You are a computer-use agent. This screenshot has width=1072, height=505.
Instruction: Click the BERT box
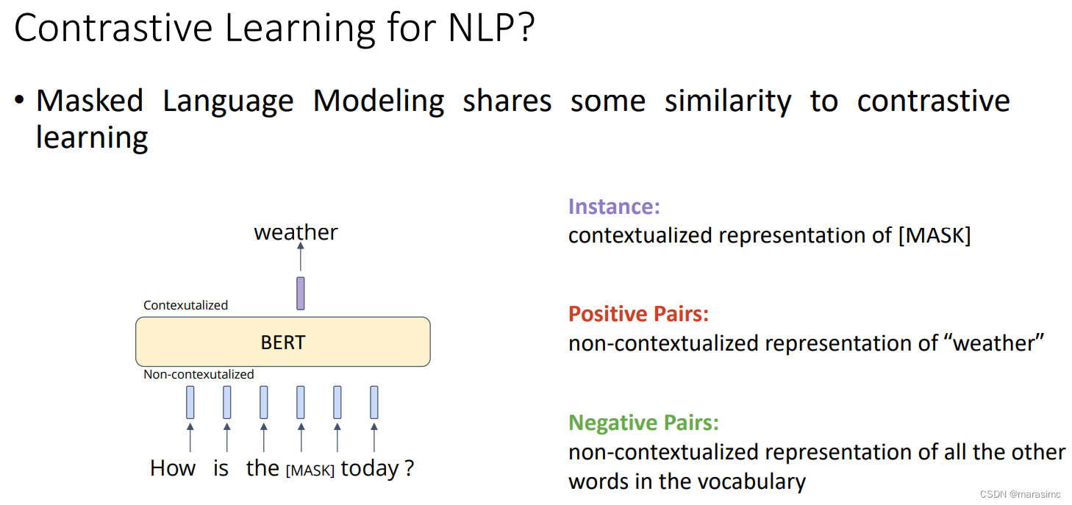[283, 342]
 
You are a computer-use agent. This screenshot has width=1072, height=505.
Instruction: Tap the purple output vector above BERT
[301, 293]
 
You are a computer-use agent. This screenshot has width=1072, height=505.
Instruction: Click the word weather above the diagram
[296, 232]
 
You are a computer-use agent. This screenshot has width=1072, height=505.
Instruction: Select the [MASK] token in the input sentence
[310, 470]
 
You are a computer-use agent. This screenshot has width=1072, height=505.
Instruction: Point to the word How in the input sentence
[173, 468]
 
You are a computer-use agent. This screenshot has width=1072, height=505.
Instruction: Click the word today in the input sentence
[369, 469]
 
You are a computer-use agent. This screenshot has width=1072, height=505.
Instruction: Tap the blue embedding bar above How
[190, 403]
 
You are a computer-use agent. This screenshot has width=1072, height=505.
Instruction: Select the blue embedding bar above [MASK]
[301, 403]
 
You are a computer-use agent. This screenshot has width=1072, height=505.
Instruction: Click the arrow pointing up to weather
[301, 257]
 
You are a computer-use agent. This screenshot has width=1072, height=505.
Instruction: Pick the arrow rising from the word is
[227, 437]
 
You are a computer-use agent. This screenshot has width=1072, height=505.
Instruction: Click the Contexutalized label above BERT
[186, 305]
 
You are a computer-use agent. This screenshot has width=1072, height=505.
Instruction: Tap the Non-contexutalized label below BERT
[199, 374]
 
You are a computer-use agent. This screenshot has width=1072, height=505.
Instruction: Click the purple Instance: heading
[614, 207]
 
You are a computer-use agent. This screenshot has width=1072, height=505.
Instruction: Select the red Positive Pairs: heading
[638, 314]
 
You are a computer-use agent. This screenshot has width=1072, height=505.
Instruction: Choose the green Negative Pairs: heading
[643, 423]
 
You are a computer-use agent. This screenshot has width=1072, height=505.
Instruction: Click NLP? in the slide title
[491, 28]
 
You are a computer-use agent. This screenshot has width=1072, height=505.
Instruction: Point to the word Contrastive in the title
[113, 28]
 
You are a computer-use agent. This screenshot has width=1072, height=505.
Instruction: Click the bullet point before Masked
[19, 100]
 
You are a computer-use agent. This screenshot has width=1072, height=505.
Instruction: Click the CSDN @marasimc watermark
[1021, 494]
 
